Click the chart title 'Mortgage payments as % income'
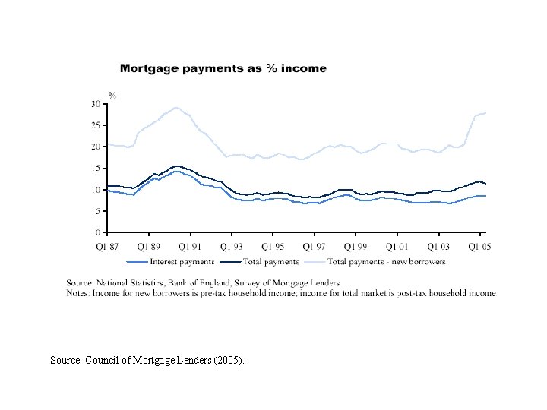click(x=223, y=68)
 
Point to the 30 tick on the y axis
click(x=96, y=103)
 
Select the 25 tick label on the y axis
click(x=96, y=125)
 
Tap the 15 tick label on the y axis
click(x=96, y=168)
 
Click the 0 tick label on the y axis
click(x=99, y=232)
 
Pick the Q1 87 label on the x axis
click(x=107, y=247)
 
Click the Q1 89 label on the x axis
click(x=148, y=247)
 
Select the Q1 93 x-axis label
click(x=231, y=247)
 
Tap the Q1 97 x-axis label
click(x=314, y=247)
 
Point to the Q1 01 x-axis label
click(x=397, y=247)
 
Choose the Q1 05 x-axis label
click(x=479, y=247)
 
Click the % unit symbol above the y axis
click(x=112, y=96)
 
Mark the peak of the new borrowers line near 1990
click(x=175, y=108)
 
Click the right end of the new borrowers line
click(x=485, y=113)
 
